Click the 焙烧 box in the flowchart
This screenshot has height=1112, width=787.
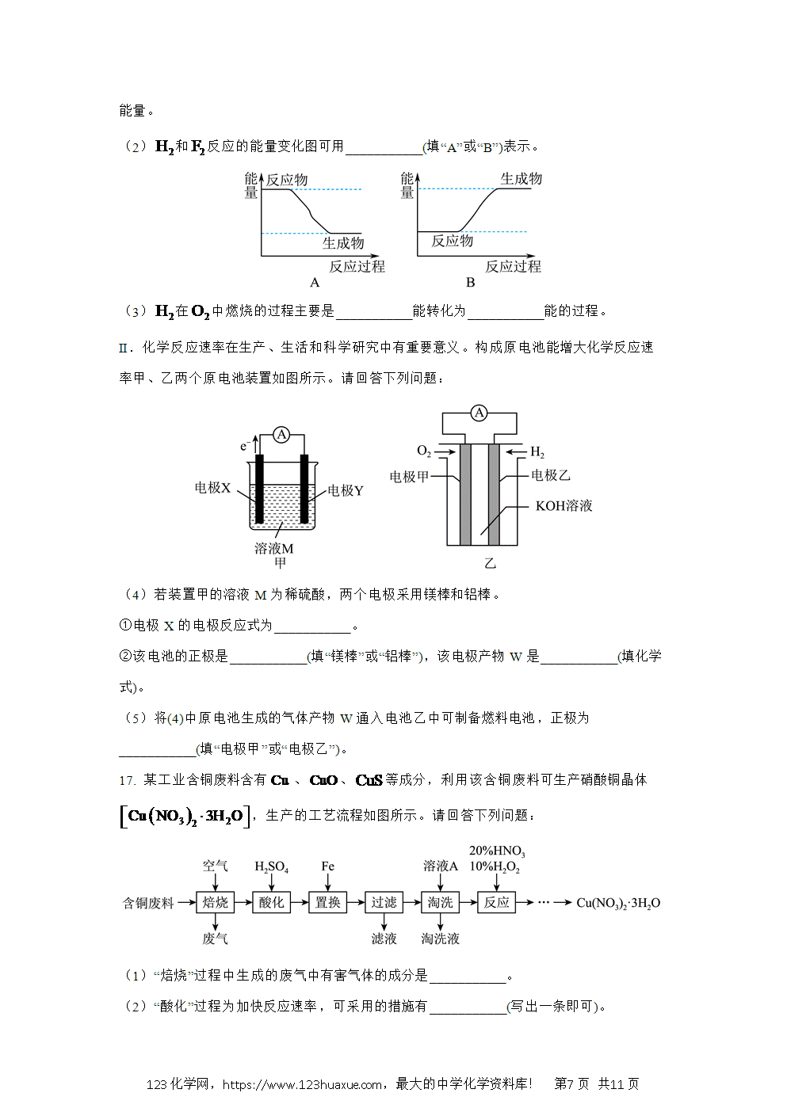point(215,902)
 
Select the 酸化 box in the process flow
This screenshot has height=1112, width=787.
point(271,902)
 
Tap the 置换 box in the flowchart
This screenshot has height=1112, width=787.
point(327,902)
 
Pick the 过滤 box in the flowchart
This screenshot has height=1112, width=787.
point(384,902)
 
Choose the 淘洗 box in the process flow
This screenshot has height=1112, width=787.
point(440,902)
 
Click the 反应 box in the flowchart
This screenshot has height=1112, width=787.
point(496,902)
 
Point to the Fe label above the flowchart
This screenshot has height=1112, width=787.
point(327,866)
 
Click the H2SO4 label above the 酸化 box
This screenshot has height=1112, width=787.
point(271,867)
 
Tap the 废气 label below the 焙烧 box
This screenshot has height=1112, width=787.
point(215,939)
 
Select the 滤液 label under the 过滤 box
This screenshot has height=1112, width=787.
point(384,939)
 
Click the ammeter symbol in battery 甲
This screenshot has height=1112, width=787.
point(281,435)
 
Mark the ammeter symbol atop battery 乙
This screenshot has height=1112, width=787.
point(479,413)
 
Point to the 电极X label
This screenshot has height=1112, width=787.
point(212,488)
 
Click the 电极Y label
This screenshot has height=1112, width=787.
point(346,490)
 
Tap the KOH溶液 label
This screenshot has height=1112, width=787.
point(564,506)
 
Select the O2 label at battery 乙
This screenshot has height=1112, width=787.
point(424,451)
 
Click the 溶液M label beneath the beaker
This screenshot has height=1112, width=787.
point(273,548)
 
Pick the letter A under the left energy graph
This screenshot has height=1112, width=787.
point(315,283)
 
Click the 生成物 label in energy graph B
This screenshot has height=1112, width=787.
point(521,179)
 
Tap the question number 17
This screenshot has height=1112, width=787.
point(127,780)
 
